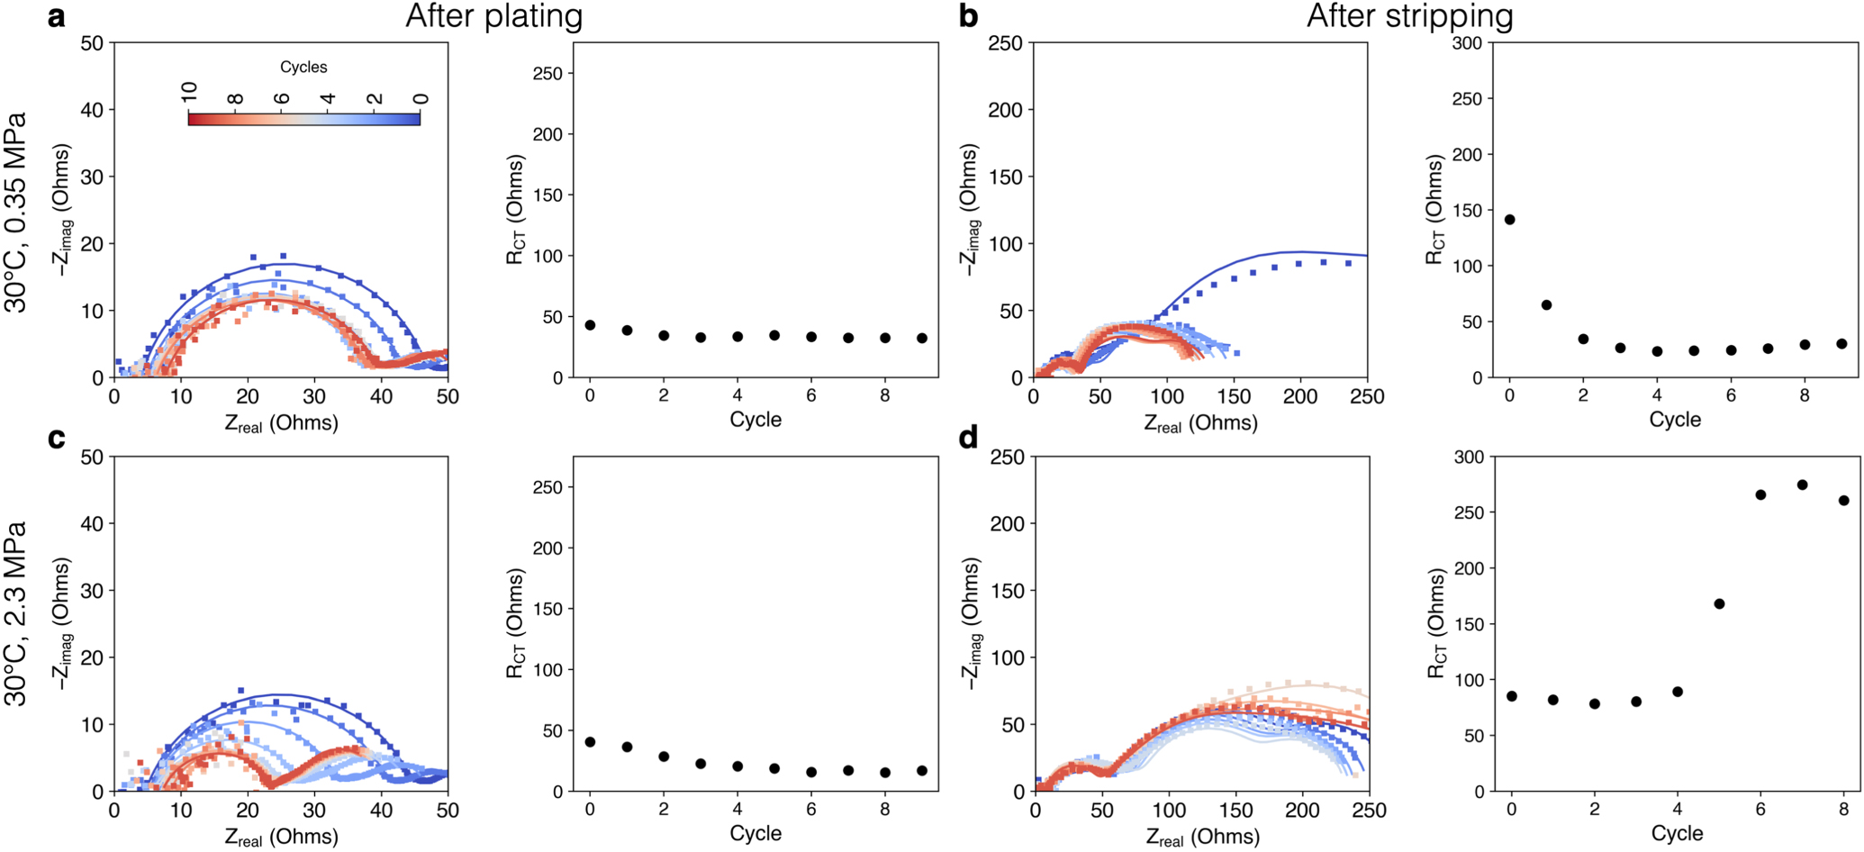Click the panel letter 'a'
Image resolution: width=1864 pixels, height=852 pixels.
(x=56, y=16)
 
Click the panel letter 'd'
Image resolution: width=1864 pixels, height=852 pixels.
(x=969, y=438)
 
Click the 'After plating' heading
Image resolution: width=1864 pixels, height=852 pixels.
(x=493, y=16)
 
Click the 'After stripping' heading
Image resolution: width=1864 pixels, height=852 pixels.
(x=1409, y=16)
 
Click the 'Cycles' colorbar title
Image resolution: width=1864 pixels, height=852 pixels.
(x=303, y=68)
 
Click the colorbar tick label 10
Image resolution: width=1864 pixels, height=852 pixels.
(x=189, y=92)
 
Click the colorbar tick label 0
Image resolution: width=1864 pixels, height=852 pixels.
(x=420, y=98)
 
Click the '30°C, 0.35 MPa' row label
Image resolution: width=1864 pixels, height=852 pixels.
(x=16, y=213)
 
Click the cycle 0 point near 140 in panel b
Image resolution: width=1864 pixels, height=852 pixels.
(x=1510, y=220)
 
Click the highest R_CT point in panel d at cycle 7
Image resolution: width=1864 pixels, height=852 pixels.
(x=1802, y=485)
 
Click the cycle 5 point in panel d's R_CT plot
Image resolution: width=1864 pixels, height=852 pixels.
(x=1719, y=603)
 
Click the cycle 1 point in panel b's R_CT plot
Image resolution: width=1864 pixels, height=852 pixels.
(x=1547, y=305)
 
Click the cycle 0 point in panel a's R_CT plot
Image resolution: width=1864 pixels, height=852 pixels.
(x=590, y=325)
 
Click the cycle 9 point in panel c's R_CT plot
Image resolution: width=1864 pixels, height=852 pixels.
(x=922, y=771)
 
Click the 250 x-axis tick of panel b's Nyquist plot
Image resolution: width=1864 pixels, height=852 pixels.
(x=1367, y=396)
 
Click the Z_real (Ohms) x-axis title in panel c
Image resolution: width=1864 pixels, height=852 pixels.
(x=281, y=837)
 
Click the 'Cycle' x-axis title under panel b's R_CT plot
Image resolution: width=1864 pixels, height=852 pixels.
(x=1674, y=420)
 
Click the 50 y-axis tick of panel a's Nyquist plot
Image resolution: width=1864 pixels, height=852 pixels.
(x=92, y=42)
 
